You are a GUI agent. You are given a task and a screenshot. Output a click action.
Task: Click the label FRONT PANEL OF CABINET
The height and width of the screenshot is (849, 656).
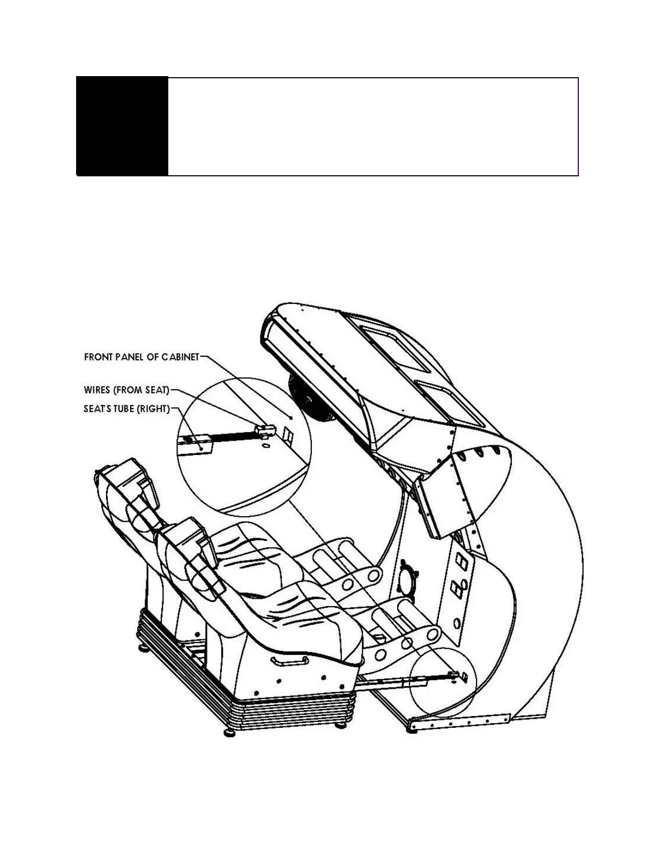coord(141,357)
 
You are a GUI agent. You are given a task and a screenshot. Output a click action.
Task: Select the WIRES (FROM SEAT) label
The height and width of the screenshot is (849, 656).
coord(126,390)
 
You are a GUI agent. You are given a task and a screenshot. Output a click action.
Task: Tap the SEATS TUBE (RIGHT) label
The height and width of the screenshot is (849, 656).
coord(126,409)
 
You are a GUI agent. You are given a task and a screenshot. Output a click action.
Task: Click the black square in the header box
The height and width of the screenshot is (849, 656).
coord(122,126)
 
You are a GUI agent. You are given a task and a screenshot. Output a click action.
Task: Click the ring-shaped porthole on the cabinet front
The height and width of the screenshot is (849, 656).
coord(409,578)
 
